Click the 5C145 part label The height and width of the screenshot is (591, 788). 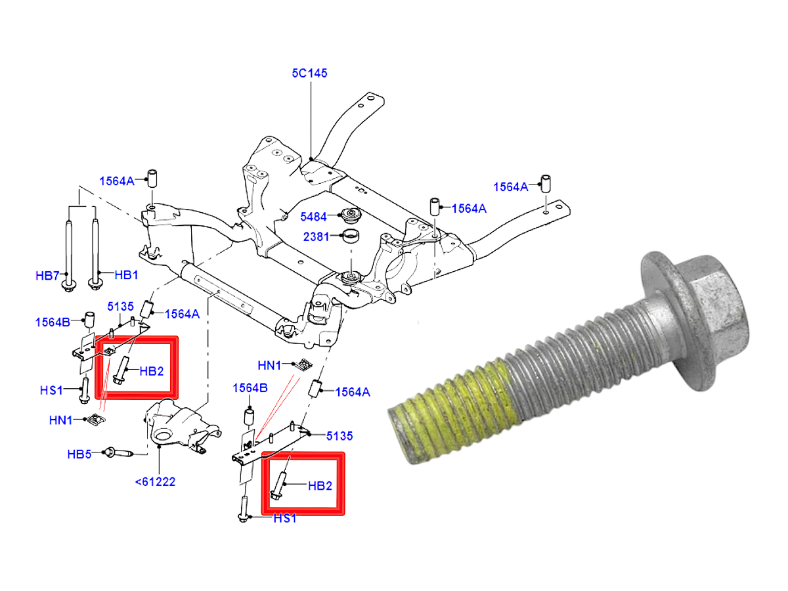click(309, 74)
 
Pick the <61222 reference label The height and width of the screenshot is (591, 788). click(156, 481)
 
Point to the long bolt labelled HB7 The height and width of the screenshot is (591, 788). click(68, 250)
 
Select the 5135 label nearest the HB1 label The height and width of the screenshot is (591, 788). click(121, 305)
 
